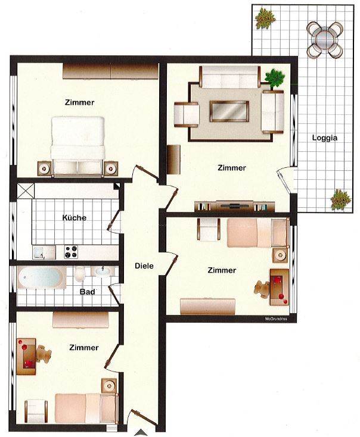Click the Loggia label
325,138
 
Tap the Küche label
75,217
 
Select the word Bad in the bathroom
87,292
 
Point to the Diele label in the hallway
144,266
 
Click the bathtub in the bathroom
41,277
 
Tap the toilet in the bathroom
80,274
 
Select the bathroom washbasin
103,271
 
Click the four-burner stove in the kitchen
71,252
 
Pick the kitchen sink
44,252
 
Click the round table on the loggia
325,39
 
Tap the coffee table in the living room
229,111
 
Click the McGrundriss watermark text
276,319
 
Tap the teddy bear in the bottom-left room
44,354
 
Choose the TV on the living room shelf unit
235,206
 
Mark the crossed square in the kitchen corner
26,191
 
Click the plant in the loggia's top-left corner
265,18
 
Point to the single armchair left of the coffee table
187,114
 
